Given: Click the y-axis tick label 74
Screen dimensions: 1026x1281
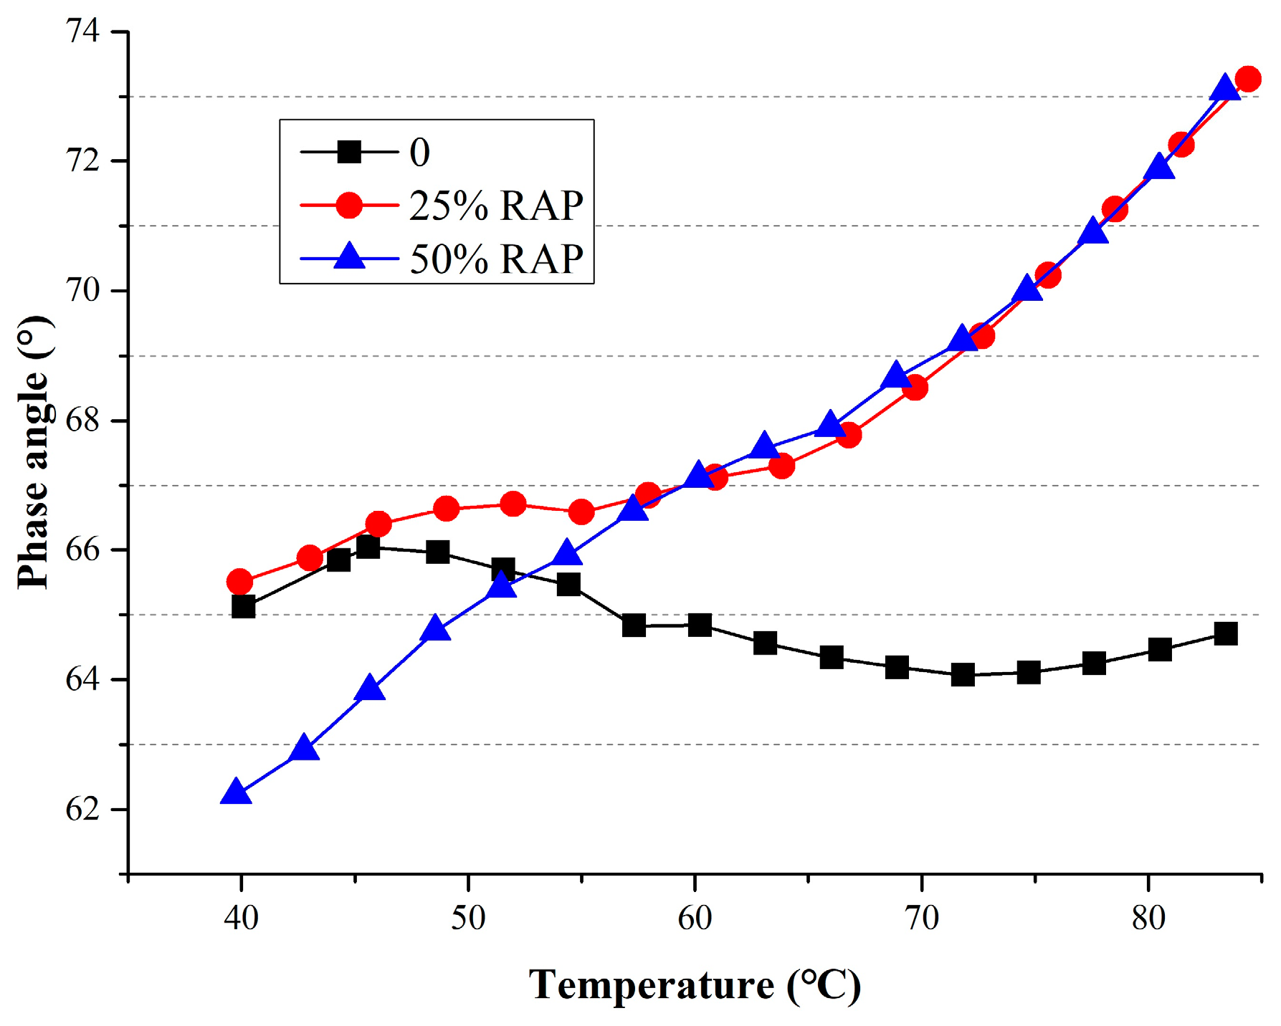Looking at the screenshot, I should (x=82, y=32).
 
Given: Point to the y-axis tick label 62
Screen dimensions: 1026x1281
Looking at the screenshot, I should (x=82, y=810).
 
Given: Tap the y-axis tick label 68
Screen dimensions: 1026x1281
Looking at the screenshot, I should (x=82, y=421).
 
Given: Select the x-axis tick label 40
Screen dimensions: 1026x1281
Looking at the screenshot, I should (x=241, y=918).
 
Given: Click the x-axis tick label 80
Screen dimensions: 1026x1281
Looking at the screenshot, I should (x=1148, y=918).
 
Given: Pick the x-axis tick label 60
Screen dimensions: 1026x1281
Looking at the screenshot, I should (x=695, y=918).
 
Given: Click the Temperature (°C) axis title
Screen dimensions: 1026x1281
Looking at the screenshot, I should (x=695, y=985).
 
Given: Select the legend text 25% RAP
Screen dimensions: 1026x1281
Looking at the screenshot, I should (x=496, y=206).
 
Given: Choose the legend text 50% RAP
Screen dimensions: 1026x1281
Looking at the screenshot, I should (x=496, y=259).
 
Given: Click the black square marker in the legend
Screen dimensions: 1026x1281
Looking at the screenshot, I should (x=349, y=152).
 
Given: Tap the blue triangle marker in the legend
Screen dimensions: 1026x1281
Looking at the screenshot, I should (x=349, y=256).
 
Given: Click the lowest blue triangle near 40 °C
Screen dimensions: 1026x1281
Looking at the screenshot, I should (x=237, y=793).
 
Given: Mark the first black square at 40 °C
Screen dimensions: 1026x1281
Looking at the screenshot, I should (x=244, y=607).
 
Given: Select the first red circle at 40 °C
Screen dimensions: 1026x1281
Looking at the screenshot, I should (x=239, y=582).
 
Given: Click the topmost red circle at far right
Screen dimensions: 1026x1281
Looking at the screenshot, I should (x=1248, y=79).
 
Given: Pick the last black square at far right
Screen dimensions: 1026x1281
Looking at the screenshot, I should (x=1226, y=633).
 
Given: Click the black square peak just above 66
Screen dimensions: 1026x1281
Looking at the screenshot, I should (x=368, y=547).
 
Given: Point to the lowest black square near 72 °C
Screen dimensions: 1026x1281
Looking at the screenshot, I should (x=963, y=674).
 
